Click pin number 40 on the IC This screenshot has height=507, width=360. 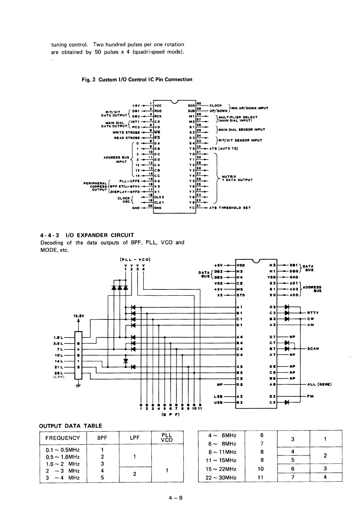pos(198,103)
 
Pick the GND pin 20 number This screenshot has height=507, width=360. pos(151,205)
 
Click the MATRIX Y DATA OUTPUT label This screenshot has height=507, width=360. pos(237,178)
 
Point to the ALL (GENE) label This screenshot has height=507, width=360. pos(319,384)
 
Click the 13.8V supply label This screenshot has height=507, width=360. pos(78,316)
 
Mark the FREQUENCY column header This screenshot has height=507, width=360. pos(63,438)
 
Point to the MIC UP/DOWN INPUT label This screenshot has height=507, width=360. pos(250,108)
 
